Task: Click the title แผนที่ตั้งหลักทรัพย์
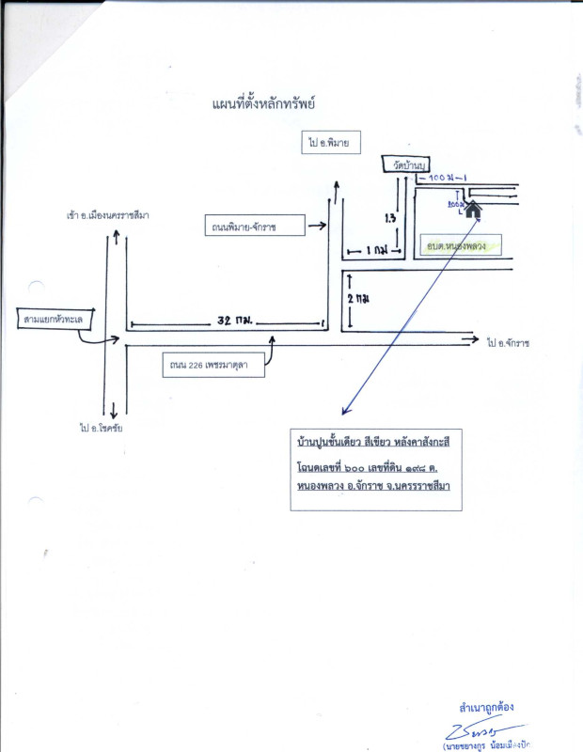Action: coord(262,102)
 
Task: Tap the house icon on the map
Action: coord(473,210)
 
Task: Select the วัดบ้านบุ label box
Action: coord(405,164)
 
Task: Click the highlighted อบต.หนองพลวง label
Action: coord(456,244)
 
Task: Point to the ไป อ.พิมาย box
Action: coord(327,142)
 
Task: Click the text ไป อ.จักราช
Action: coord(509,343)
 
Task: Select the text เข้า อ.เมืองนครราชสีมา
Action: coord(107,215)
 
